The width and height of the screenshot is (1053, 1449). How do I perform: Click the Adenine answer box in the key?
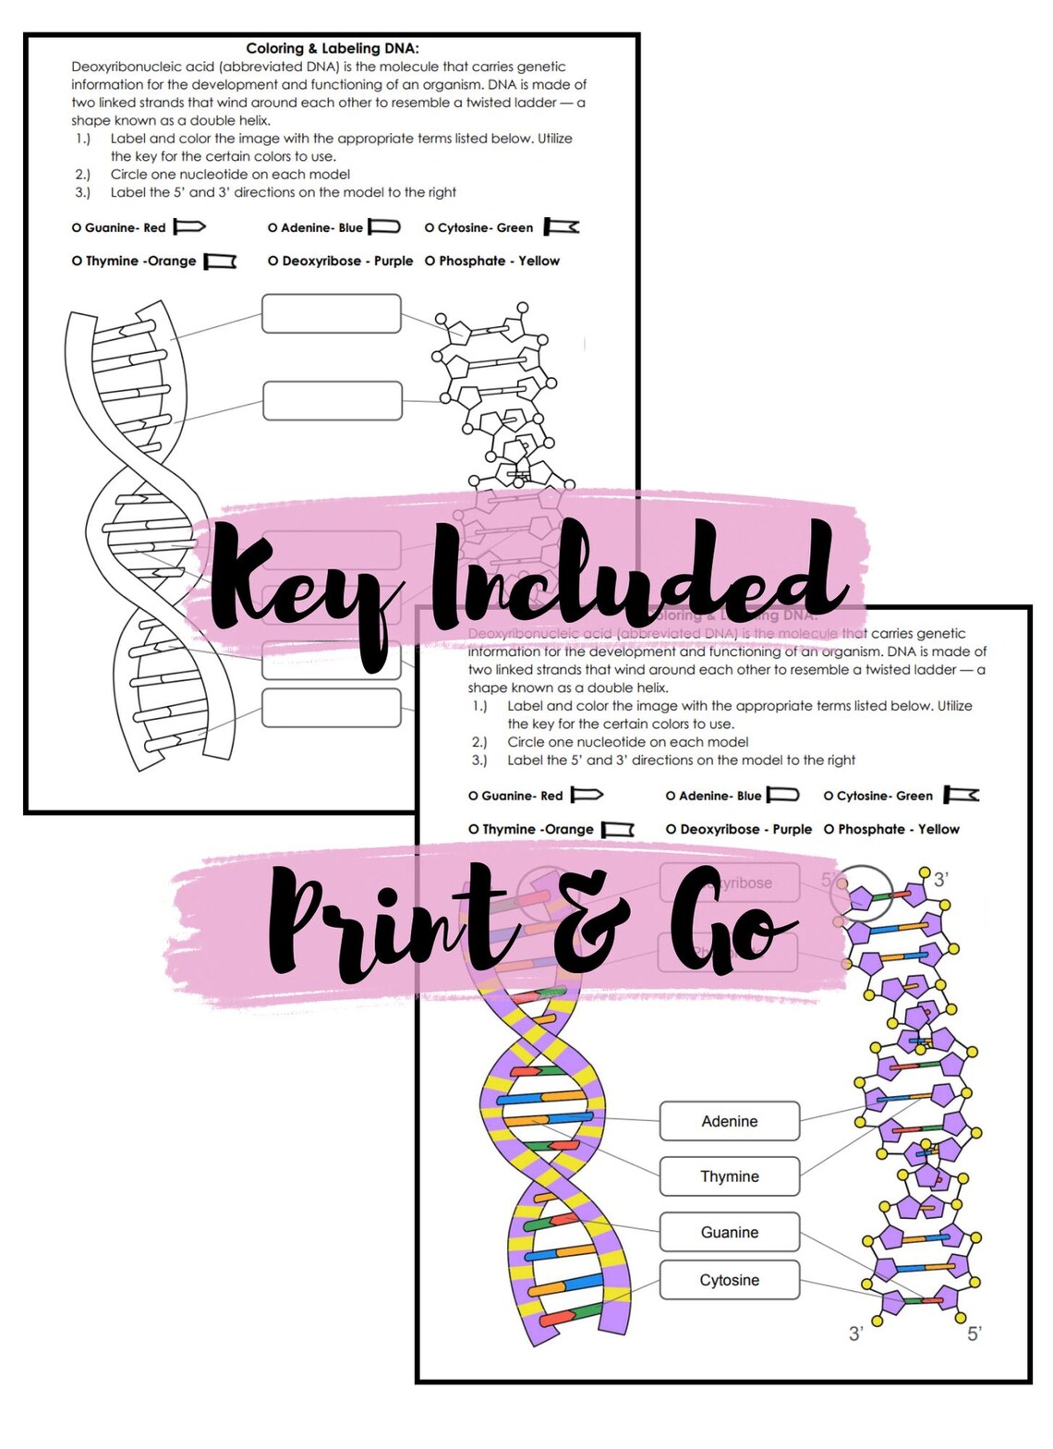729,1121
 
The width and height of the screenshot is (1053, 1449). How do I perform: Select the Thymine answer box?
729,1176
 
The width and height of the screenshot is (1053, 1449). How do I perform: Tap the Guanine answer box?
729,1232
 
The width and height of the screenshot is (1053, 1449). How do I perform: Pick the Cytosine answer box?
729,1280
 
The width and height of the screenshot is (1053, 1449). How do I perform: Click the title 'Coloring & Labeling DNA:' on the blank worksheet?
332,48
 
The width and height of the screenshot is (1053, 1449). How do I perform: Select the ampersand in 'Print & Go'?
600,924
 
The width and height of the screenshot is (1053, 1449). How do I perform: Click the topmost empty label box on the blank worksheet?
331,314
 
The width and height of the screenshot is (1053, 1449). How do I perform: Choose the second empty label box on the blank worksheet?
332,401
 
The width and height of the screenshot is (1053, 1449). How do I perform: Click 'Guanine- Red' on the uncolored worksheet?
125,227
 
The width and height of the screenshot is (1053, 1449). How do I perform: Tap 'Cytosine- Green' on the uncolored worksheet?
485,227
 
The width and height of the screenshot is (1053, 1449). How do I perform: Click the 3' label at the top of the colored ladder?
940,879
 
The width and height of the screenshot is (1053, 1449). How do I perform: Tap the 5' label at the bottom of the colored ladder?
974,1333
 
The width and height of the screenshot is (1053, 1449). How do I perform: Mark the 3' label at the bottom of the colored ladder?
855,1333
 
